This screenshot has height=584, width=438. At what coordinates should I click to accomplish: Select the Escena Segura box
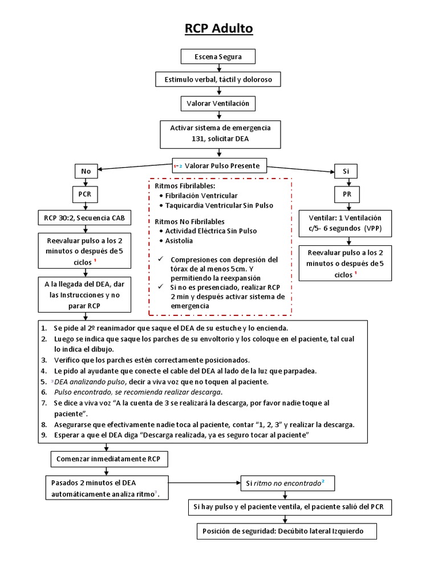tap(218, 57)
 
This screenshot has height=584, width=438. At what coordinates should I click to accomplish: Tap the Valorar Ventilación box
tap(218, 103)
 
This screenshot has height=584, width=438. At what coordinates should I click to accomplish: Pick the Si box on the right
tap(346, 171)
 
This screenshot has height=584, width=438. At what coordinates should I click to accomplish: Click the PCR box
tap(85, 194)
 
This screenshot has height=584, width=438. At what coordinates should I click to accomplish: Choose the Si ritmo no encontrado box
tap(287, 483)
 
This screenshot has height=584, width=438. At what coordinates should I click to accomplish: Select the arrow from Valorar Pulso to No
tap(135, 168)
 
